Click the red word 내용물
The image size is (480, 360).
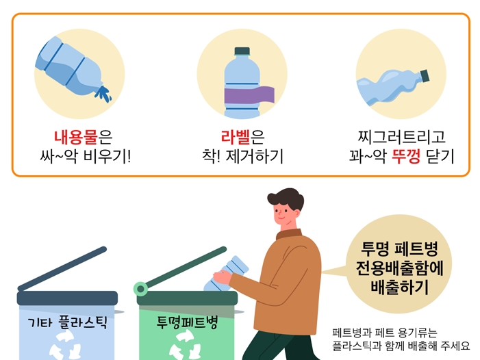[x=75, y=137]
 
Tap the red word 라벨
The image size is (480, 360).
[x=236, y=137]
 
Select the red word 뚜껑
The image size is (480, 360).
[x=406, y=156]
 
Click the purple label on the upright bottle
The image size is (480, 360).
[x=249, y=95]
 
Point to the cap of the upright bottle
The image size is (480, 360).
[x=242, y=51]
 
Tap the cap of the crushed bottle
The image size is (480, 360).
[x=425, y=76]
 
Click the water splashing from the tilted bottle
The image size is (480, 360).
[x=103, y=93]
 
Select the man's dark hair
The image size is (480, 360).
[x=286, y=198]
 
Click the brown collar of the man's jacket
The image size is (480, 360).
[x=289, y=234]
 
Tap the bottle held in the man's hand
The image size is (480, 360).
[x=227, y=274]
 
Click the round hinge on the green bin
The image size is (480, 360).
[x=141, y=288]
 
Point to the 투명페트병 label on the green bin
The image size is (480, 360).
[x=187, y=322]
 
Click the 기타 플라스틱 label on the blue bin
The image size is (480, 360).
[x=67, y=322]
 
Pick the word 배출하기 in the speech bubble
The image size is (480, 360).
[x=399, y=287]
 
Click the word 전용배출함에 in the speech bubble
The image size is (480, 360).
[x=399, y=268]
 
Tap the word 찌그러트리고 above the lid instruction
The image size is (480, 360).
[x=401, y=137]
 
